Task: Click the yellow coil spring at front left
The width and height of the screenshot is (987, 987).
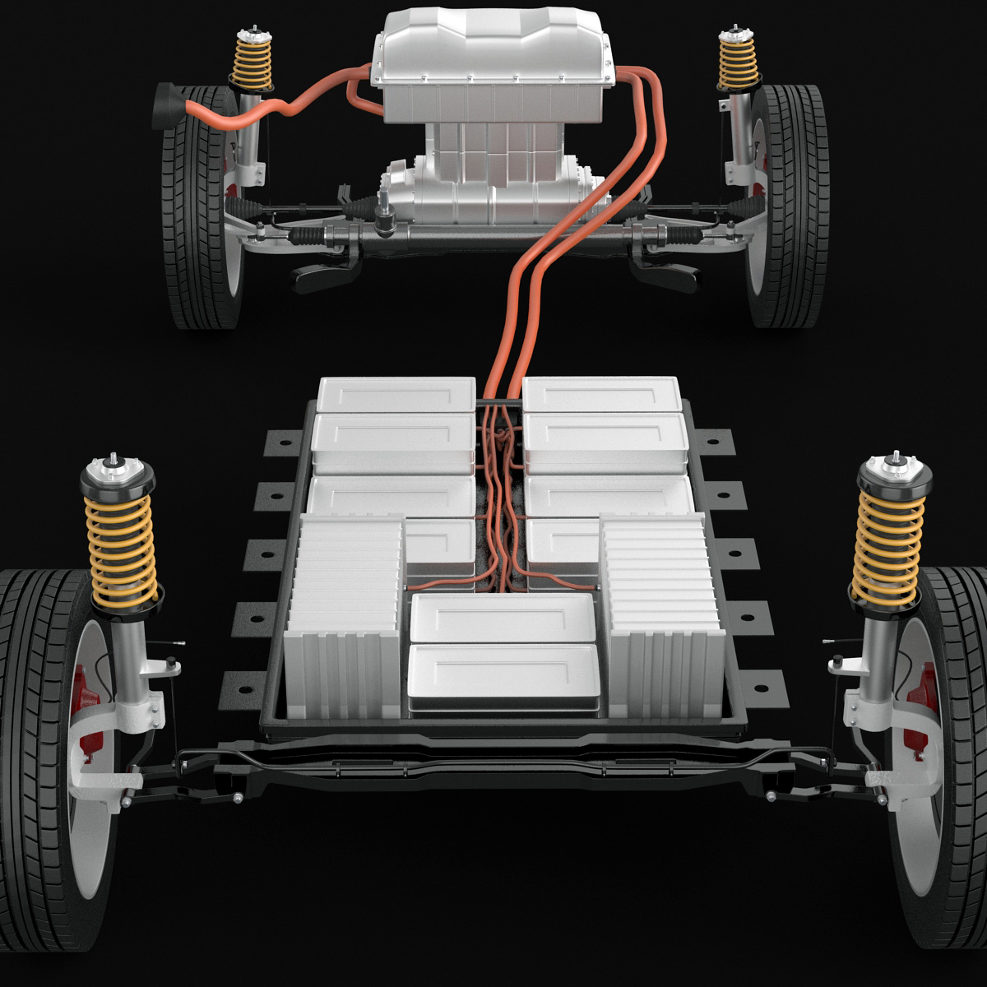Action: point(122,546)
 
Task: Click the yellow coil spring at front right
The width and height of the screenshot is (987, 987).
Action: point(888,547)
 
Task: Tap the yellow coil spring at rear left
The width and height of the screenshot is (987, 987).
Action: point(253,63)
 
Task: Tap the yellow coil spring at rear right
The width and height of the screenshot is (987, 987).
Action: point(737,62)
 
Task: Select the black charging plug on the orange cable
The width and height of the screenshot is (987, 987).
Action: point(169,104)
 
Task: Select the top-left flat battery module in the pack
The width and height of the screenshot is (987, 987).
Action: point(396,394)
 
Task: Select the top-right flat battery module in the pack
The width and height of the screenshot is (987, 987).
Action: point(602,394)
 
